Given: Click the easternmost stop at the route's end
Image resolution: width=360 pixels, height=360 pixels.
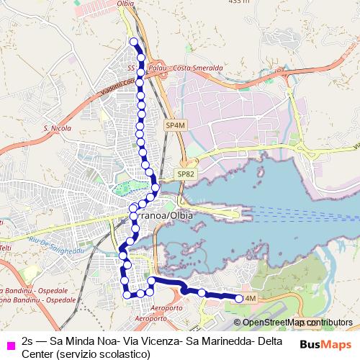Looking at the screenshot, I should coord(240,298).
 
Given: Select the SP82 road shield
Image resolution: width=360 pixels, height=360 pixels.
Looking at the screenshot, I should coord(186,174).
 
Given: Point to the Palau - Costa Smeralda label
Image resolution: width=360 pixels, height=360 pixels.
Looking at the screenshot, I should coord(177,68).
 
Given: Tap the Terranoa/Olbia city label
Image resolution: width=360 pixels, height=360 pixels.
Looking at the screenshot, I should coord(158,215).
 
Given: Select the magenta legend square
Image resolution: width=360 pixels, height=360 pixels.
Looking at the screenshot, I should coord(9,344).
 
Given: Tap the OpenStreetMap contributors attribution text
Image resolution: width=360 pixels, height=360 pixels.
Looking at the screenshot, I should coord(297,323).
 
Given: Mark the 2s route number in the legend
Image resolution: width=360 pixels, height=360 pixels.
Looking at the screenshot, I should coord(28,339).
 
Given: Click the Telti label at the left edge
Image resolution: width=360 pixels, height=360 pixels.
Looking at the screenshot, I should coord(4,248).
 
